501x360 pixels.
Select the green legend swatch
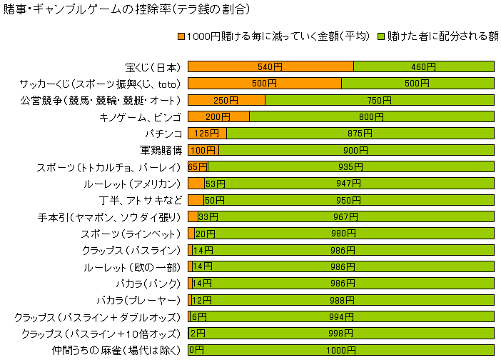[x=381, y=36]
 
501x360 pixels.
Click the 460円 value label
[x=423, y=66]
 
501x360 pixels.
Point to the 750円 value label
[x=379, y=100]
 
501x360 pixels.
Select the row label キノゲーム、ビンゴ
[x=141, y=116]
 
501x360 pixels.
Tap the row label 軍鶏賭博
[x=161, y=150]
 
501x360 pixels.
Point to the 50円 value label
[x=215, y=200]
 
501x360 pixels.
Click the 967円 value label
[x=345, y=217]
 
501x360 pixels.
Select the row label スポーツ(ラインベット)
[x=131, y=234]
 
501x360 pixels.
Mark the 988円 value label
[x=343, y=301]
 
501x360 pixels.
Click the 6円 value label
[x=199, y=317]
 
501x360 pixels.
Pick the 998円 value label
[x=340, y=334]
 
